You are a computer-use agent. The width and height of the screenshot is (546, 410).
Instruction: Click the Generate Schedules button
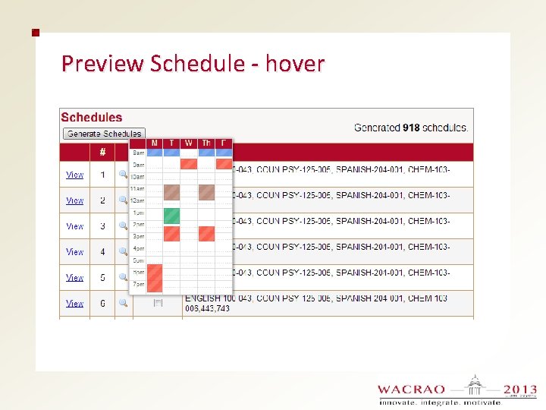[x=104, y=134]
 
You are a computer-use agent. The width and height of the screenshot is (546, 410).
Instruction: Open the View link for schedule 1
[x=74, y=175]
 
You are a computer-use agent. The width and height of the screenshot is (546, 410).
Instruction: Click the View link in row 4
[x=74, y=251]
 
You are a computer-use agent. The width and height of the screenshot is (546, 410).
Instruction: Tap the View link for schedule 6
[x=74, y=303]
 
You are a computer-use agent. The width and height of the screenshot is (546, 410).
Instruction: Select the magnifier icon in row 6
[x=123, y=303]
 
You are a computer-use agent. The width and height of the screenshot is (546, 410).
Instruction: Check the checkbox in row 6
[x=158, y=303]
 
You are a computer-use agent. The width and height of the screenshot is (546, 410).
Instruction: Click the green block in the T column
[x=172, y=216]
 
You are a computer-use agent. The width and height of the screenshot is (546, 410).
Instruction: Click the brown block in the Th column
[x=206, y=192]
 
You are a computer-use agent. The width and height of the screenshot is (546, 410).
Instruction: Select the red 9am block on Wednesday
[x=189, y=164]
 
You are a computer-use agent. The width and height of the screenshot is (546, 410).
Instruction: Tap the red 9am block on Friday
[x=224, y=163]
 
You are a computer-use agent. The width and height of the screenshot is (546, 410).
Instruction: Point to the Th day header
[x=206, y=143]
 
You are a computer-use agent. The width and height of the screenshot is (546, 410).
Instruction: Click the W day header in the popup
[x=189, y=143]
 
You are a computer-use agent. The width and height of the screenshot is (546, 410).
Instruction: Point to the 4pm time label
[x=139, y=248]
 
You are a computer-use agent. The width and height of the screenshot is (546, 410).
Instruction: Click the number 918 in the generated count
[x=411, y=128]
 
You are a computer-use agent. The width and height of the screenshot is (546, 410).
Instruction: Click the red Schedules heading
[x=91, y=117]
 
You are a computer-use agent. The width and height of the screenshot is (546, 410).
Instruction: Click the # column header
[x=102, y=152]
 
